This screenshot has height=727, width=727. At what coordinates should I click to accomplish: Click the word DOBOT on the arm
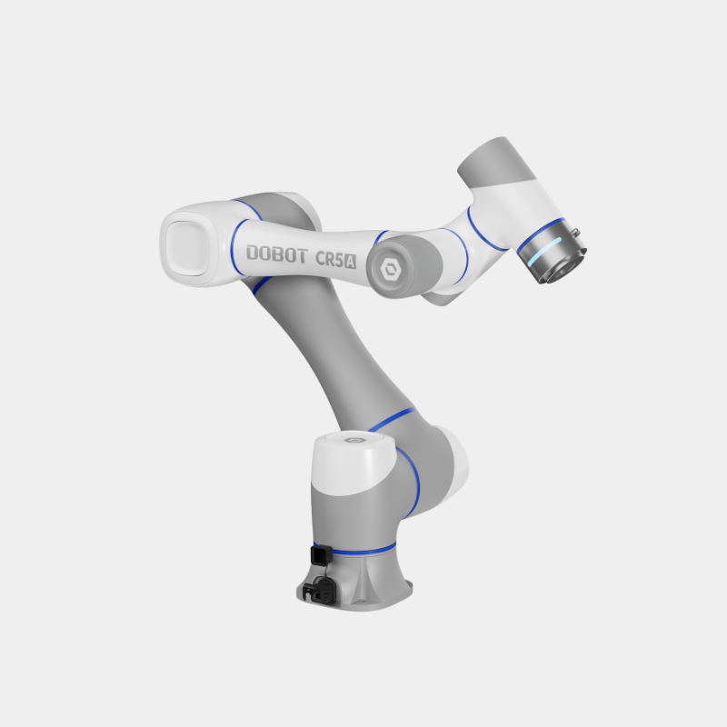click(277, 254)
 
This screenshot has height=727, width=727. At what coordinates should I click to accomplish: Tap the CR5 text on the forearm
click(330, 259)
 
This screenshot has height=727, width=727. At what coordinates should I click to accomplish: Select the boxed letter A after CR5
click(351, 262)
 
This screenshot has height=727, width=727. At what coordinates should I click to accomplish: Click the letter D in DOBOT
click(252, 253)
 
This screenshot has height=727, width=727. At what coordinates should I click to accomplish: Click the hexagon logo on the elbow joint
click(391, 269)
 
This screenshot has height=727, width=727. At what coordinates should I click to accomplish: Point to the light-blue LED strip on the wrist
click(547, 251)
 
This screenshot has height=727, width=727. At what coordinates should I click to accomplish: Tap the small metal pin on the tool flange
click(575, 232)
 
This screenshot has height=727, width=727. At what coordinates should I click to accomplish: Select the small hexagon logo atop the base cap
click(354, 440)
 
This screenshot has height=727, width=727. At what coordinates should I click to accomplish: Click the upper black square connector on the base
click(322, 555)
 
